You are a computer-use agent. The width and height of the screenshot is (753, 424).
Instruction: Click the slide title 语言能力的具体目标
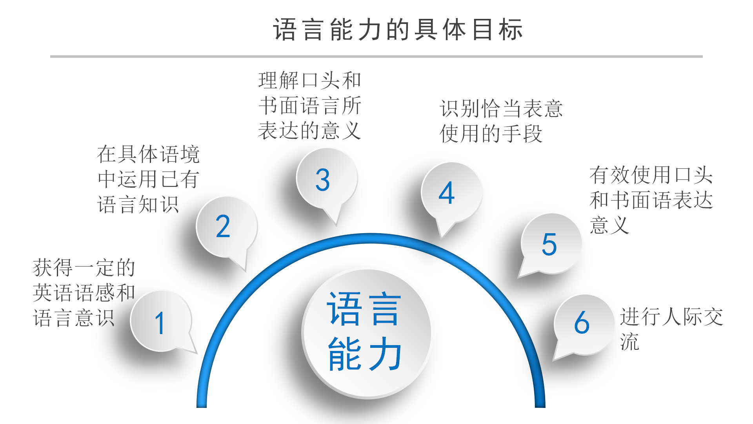click(398, 30)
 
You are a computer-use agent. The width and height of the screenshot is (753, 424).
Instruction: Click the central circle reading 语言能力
click(366, 333)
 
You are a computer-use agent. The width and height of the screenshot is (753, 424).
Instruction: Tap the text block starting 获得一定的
click(84, 293)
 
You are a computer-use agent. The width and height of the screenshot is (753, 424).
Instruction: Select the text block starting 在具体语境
click(148, 179)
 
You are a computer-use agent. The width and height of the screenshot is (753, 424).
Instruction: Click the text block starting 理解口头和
click(309, 105)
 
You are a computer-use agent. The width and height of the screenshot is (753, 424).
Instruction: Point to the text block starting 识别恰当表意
click(501, 121)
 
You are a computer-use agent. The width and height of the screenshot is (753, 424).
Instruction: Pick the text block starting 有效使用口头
click(651, 200)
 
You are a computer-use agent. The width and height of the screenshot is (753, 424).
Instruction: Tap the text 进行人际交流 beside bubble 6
click(671, 328)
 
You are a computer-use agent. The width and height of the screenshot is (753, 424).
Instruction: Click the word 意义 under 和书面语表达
click(609, 225)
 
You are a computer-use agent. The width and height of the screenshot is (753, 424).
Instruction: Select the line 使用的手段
click(491, 133)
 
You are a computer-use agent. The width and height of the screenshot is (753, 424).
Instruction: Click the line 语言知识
click(138, 205)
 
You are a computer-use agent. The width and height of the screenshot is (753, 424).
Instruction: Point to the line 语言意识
click(74, 318)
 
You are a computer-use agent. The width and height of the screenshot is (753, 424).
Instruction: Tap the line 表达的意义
click(309, 130)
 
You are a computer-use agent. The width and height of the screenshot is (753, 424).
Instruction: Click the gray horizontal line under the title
click(376, 57)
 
